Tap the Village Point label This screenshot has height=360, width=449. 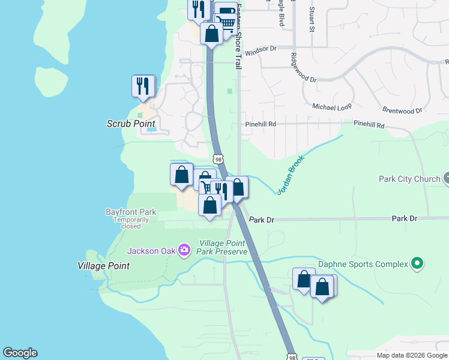pos(103,265)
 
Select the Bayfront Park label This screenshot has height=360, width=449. pos(131,212)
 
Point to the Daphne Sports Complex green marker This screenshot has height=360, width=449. pos(417,263)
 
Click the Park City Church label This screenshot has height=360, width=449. pos(409,179)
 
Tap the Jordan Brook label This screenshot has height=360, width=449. pos(291,175)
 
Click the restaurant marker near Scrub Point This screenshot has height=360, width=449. pos(143,86)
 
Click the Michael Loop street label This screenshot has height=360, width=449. pos(331,106)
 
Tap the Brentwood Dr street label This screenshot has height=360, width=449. pos(402,110)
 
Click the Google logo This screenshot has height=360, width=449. pos(20,353)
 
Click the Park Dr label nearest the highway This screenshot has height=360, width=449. pos(262,220)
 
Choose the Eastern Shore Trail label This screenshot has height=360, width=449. pos(238,36)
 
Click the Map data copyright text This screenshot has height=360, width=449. pos(412,355)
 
